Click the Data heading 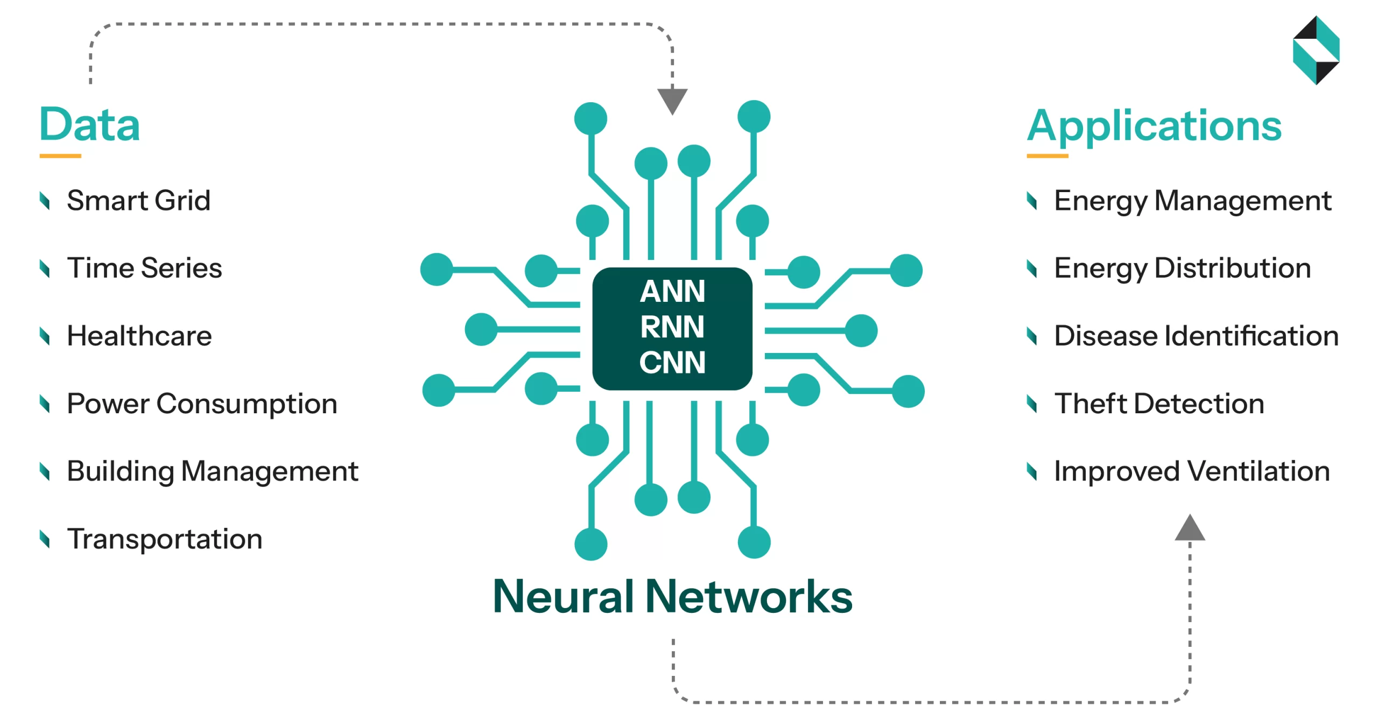coord(89,125)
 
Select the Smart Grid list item coord(138,201)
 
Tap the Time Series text coord(144,268)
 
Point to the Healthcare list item coord(139,336)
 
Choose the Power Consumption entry coord(202,404)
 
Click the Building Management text coord(212,471)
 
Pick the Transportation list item coord(165,539)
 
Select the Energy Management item coord(1192,201)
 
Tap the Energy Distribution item coord(1182,268)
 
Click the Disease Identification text coord(1196,336)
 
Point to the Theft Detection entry coord(1159,404)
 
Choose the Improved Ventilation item coord(1191,471)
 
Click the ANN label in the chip coord(672,291)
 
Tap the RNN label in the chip coord(672,327)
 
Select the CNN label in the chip coord(672,362)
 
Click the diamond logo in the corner coord(1316,50)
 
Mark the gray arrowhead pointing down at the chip coord(672,100)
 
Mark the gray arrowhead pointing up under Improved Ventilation coord(1190,529)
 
